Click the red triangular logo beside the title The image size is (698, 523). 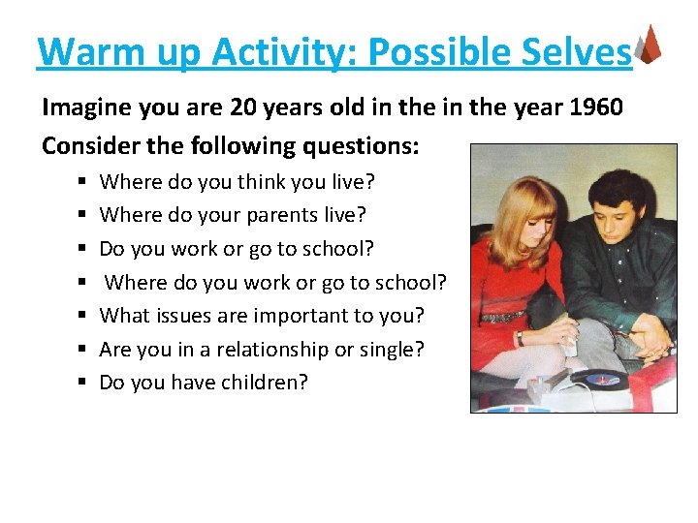(x=650, y=45)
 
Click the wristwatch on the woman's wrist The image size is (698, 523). (x=521, y=338)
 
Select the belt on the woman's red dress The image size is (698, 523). (x=501, y=317)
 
